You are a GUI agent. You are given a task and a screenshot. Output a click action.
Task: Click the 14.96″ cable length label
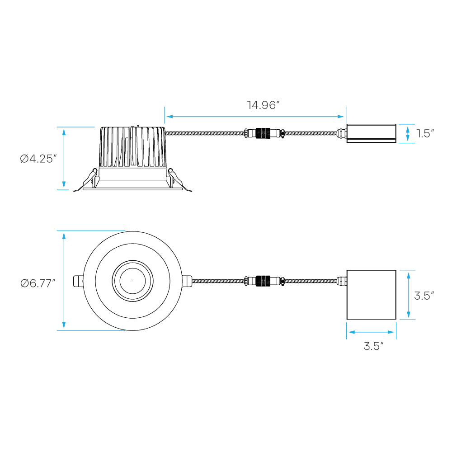pyautogui.click(x=264, y=105)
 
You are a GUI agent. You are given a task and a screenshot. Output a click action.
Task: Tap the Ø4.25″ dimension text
pyautogui.click(x=38, y=159)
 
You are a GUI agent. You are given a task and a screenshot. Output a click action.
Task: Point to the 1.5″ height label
pyautogui.click(x=425, y=133)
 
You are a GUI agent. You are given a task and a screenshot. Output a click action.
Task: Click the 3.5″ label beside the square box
pyautogui.click(x=424, y=296)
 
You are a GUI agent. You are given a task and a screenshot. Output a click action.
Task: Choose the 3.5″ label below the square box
pyautogui.click(x=374, y=346)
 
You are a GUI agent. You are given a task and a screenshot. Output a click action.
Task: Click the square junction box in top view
pyautogui.click(x=371, y=295)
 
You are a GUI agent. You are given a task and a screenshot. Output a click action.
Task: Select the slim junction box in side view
pyautogui.click(x=371, y=133)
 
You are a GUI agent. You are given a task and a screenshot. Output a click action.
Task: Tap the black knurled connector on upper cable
pyautogui.click(x=263, y=133)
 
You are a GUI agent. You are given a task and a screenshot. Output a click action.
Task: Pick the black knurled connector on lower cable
pyautogui.click(x=263, y=281)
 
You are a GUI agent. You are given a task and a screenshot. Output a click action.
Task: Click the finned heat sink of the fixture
pyautogui.click(x=132, y=147)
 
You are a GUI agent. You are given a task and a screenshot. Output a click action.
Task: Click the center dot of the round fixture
pyautogui.click(x=132, y=281)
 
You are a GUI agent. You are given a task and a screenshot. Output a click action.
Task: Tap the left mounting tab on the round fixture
pyautogui.click(x=78, y=281)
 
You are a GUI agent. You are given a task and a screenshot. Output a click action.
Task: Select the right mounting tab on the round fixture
pyautogui.click(x=187, y=281)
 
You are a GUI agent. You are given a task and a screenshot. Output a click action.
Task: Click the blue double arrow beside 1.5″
pyautogui.click(x=407, y=133)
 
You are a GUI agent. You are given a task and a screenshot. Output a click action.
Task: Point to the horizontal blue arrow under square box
pyautogui.click(x=371, y=332)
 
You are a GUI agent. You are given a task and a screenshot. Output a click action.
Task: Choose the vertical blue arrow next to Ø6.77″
pyautogui.click(x=64, y=281)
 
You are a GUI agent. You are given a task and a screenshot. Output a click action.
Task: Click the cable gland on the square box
pyautogui.click(x=342, y=281)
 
